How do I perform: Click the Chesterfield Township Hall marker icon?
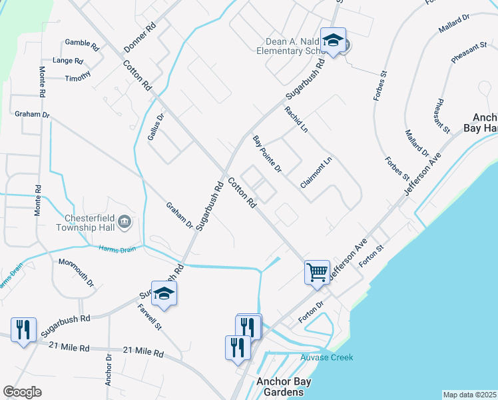click(x=124, y=221)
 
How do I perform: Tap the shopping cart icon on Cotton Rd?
click(x=318, y=271)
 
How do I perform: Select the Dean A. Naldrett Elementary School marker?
click(x=333, y=40)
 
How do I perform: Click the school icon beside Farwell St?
click(x=164, y=294)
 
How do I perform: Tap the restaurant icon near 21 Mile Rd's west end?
click(x=23, y=329)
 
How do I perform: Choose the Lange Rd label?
click(x=69, y=61)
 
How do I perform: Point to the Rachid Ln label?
click(x=296, y=118)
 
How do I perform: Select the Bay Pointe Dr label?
click(x=267, y=154)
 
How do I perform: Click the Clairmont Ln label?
click(x=316, y=172)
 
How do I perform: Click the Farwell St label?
click(x=150, y=318)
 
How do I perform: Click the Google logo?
click(x=22, y=392)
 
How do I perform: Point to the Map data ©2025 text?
click(x=469, y=395)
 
